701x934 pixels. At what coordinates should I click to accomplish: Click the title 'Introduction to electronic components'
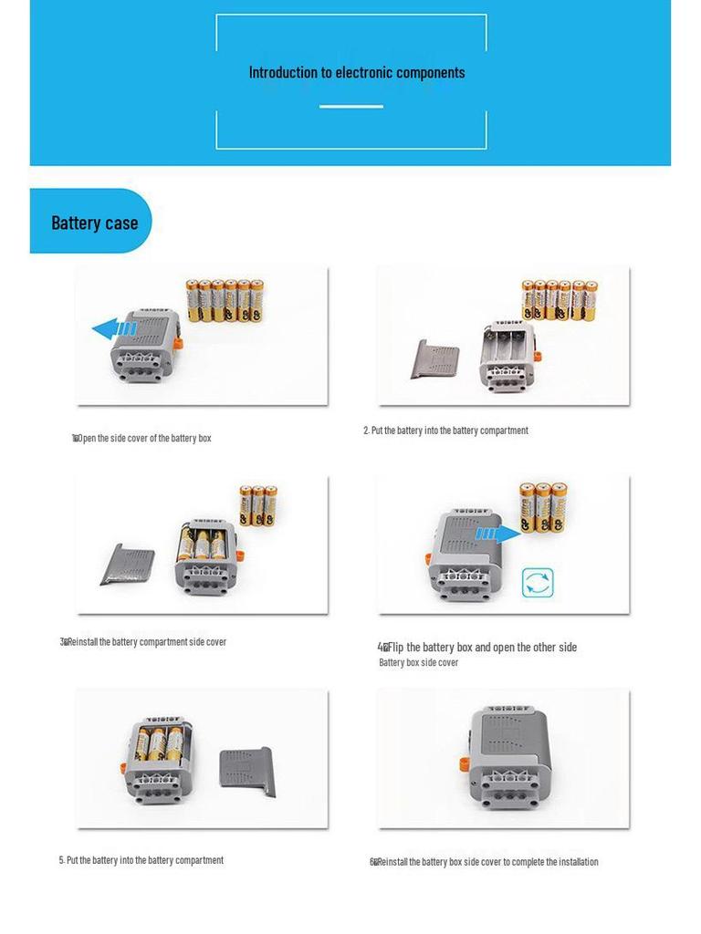356,73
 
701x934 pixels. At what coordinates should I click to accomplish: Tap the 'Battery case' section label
94,223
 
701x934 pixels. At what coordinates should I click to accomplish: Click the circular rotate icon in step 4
538,583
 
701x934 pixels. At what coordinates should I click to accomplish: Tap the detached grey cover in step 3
127,564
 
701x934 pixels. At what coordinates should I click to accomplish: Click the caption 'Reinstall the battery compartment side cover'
144,642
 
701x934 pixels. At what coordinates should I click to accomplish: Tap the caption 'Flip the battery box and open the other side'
478,648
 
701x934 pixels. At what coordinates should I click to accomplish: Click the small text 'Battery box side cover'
418,663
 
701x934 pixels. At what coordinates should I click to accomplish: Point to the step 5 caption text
141,860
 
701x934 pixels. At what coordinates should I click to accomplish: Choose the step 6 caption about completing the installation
485,862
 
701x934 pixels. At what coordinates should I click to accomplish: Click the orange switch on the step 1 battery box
179,343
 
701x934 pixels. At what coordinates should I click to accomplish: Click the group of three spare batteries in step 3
258,504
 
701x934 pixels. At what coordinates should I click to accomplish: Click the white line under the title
350,107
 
